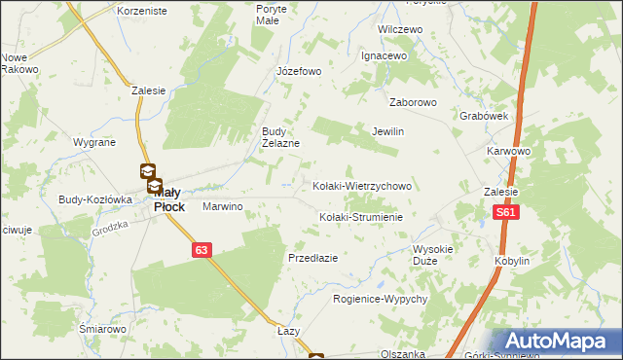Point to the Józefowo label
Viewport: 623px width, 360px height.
pyautogui.click(x=298, y=71)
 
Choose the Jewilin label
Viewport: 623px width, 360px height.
pyautogui.click(x=387, y=131)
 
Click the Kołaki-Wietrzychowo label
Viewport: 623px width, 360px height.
pyautogui.click(x=363, y=185)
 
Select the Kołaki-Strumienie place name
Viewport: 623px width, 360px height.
pyautogui.click(x=361, y=216)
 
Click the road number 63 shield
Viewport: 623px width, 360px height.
pyautogui.click(x=201, y=250)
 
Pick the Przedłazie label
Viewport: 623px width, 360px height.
pyautogui.click(x=312, y=258)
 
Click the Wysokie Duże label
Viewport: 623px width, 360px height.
pyautogui.click(x=433, y=254)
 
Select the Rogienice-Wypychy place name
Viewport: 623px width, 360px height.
pyautogui.click(x=380, y=299)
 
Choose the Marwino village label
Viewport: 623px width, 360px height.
pyautogui.click(x=222, y=207)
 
